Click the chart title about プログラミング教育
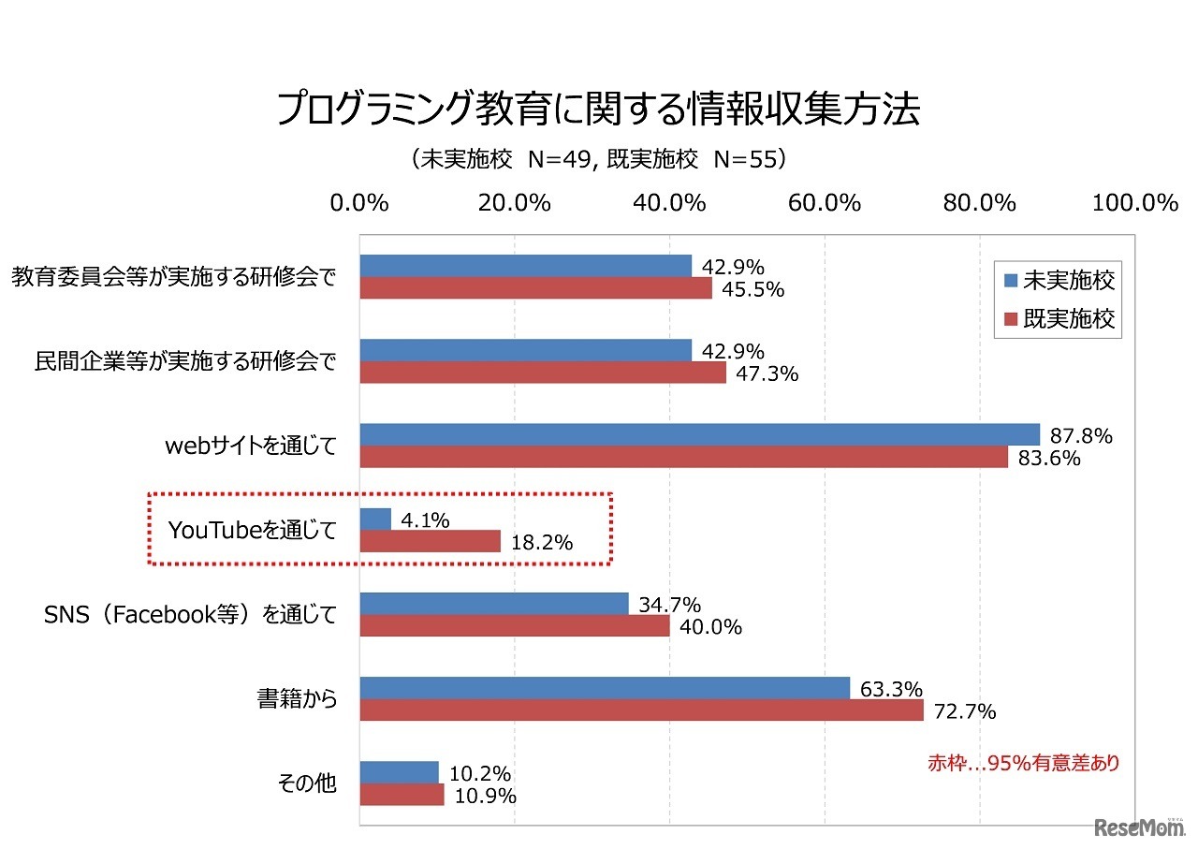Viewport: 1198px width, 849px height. (599, 110)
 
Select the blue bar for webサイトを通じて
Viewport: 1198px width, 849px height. (699, 434)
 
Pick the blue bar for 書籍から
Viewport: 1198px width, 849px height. (605, 688)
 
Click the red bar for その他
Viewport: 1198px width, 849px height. (402, 795)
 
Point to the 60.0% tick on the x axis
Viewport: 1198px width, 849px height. (824, 203)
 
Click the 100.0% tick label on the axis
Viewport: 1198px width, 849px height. (1134, 203)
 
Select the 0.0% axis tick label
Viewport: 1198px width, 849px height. (359, 203)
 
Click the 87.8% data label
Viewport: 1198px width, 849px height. (1080, 435)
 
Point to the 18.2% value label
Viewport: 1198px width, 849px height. (540, 543)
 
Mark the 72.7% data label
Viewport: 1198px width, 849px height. (963, 712)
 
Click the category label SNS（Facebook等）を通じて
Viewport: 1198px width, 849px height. (190, 615)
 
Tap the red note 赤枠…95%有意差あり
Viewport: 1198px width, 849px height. (1022, 763)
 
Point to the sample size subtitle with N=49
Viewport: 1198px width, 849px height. (599, 159)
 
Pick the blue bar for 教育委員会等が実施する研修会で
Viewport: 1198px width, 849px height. (525, 266)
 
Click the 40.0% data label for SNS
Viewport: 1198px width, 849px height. (709, 627)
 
